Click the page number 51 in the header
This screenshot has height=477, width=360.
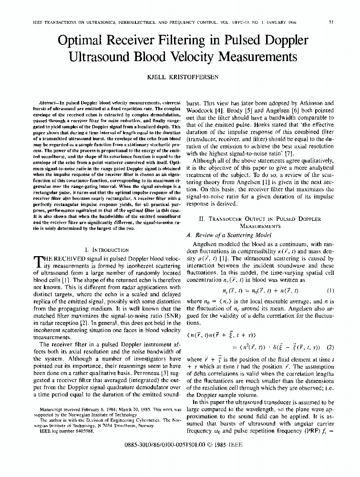331,21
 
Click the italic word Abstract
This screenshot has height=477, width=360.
50,103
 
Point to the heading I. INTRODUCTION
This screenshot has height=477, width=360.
106,249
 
